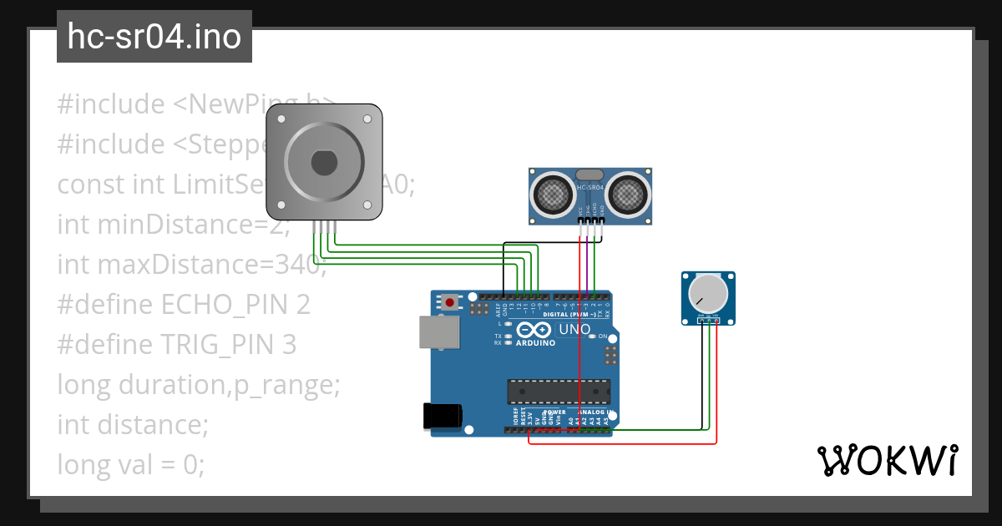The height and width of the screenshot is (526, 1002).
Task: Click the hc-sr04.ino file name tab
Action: point(154,38)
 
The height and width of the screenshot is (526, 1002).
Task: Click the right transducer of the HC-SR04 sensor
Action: point(627,195)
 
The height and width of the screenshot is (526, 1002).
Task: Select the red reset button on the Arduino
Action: point(451,301)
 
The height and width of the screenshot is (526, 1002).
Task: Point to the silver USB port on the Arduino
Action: point(438,331)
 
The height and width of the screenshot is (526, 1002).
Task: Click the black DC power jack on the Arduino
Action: point(443,416)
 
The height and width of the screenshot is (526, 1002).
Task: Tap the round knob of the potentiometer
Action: point(707,293)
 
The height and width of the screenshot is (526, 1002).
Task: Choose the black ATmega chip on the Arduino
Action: point(554,390)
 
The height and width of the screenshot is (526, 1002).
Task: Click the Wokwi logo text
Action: point(887,461)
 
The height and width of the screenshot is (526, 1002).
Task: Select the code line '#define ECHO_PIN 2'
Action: point(184,305)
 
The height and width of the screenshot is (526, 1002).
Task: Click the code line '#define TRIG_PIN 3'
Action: point(176,345)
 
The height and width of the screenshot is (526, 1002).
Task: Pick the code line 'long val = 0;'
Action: point(130,464)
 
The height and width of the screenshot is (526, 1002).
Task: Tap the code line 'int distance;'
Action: point(132,424)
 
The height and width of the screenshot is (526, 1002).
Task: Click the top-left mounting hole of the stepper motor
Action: point(281,120)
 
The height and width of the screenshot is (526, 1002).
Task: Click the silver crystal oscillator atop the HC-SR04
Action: point(589,174)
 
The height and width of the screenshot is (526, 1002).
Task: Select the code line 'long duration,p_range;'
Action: point(199,385)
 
